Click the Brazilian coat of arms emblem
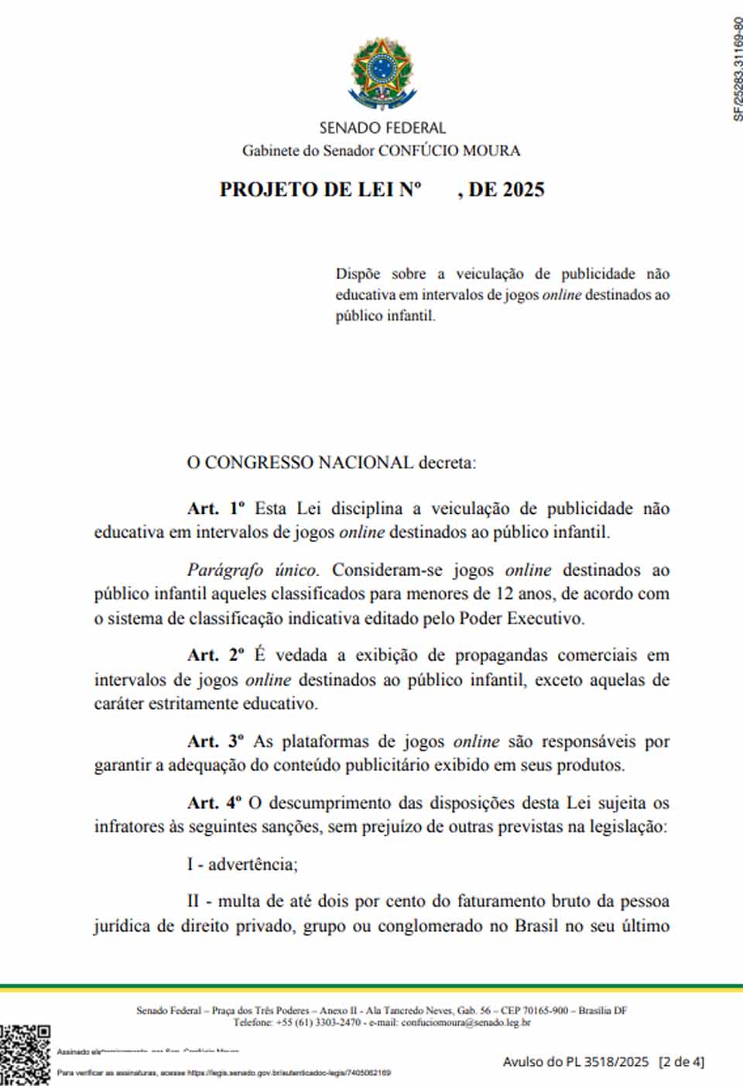pos(382,74)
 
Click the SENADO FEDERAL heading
pos(382,128)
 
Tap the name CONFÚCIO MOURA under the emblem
pos(449,150)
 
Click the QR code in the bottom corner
pos(25,1054)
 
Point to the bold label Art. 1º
pos(216,509)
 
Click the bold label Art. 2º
pos(216,655)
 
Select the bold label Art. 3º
pos(216,741)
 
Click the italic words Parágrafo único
pos(252,570)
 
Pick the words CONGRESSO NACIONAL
pos(309,463)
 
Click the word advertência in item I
pos(252,864)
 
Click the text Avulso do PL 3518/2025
pos(576,1062)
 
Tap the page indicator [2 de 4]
pos(681,1062)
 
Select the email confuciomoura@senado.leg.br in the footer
pos(466,1023)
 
